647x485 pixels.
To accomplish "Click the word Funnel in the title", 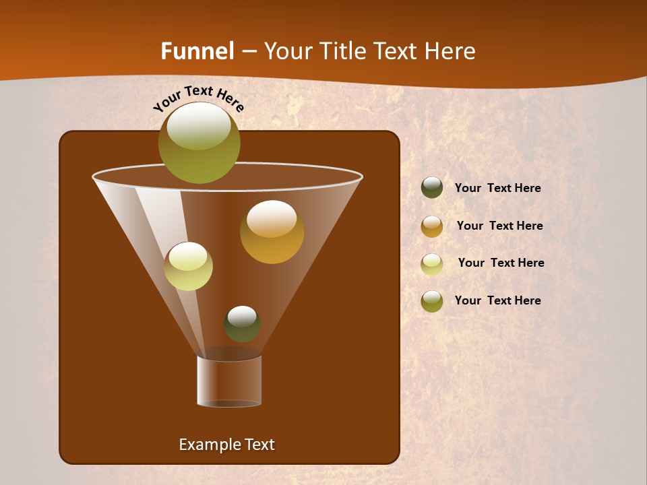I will point(197,51).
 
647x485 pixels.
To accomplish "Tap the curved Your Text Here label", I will point(198,98).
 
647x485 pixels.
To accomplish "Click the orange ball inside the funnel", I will point(272,232).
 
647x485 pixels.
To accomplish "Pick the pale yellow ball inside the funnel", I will point(188,266).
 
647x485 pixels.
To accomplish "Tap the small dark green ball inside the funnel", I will point(242,324).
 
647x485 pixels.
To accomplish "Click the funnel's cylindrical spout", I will point(229,381).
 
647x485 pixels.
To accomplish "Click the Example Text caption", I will point(226,445).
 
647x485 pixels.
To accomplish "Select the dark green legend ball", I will point(432,188).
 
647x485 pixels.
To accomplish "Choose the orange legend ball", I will point(432,226).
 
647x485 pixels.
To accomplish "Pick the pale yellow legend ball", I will point(432,263).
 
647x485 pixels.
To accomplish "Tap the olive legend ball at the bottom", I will point(432,301).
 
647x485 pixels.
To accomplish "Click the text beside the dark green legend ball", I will point(497,189).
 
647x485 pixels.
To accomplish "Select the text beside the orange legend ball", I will point(499,226).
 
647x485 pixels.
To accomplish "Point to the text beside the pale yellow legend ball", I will point(501,263).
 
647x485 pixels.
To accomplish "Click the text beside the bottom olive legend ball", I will point(497,300).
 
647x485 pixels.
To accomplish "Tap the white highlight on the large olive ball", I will point(199,125).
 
